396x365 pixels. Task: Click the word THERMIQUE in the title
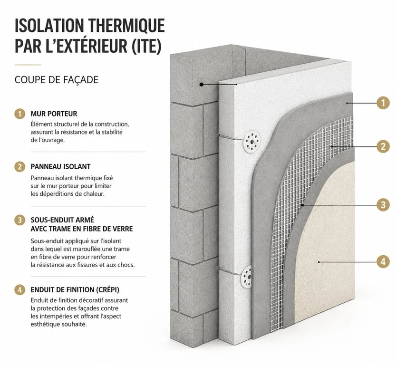(x=127, y=26)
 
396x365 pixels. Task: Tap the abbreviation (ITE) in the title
(x=147, y=46)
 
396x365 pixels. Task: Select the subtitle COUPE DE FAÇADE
(x=57, y=80)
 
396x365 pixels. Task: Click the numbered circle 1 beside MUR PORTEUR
(x=19, y=114)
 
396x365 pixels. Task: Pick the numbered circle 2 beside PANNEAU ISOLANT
(x=19, y=167)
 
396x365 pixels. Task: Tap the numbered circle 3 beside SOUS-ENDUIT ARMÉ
(x=19, y=220)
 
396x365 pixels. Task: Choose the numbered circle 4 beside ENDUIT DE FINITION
(x=19, y=290)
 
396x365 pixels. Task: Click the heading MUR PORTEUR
(x=54, y=114)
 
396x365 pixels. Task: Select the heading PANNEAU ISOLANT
(x=61, y=167)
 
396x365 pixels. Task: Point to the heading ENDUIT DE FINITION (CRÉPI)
(x=75, y=290)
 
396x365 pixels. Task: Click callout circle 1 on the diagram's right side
(x=383, y=103)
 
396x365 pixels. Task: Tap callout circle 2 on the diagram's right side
(x=383, y=146)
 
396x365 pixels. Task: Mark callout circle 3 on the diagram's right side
(x=383, y=205)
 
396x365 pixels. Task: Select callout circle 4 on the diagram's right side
(x=383, y=262)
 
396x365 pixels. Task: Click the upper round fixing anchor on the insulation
(x=252, y=142)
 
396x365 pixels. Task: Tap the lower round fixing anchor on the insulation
(x=246, y=277)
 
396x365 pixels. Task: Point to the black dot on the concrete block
(x=201, y=84)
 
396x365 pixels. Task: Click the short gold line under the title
(x=28, y=65)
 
